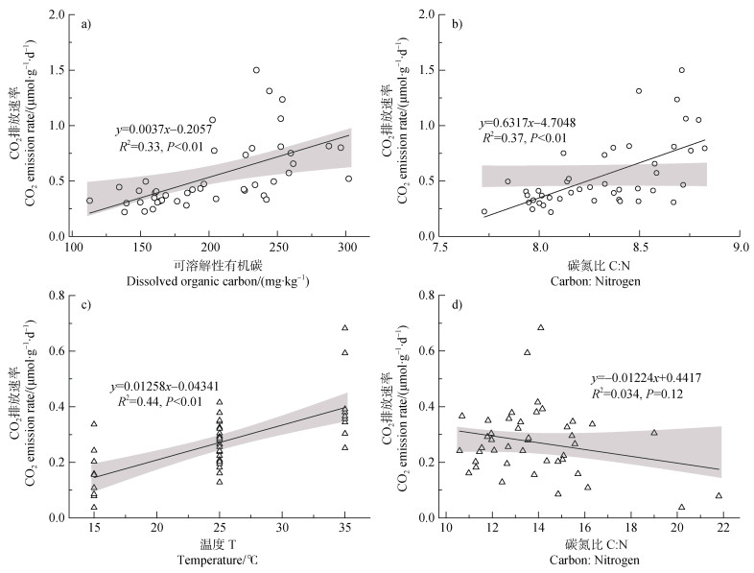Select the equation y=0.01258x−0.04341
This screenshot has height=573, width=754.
pyautogui.click(x=177, y=387)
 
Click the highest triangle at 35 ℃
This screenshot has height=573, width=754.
pyautogui.click(x=345, y=328)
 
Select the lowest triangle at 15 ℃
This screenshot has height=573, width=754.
pyautogui.click(x=94, y=507)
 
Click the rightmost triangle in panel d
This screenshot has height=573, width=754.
pyautogui.click(x=719, y=496)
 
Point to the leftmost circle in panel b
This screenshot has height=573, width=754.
pyautogui.click(x=483, y=212)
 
